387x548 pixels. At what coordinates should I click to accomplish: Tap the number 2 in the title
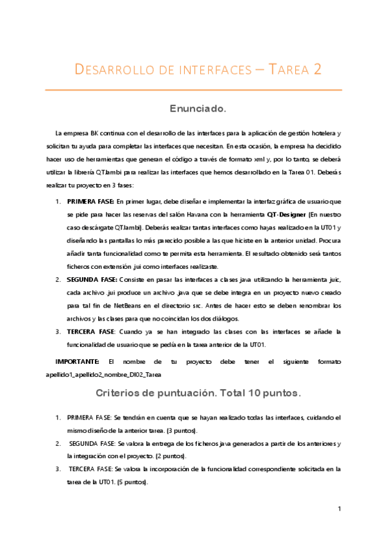(317, 69)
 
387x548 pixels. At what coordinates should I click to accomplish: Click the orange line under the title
(193, 89)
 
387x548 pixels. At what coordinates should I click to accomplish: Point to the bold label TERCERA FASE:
(92, 330)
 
